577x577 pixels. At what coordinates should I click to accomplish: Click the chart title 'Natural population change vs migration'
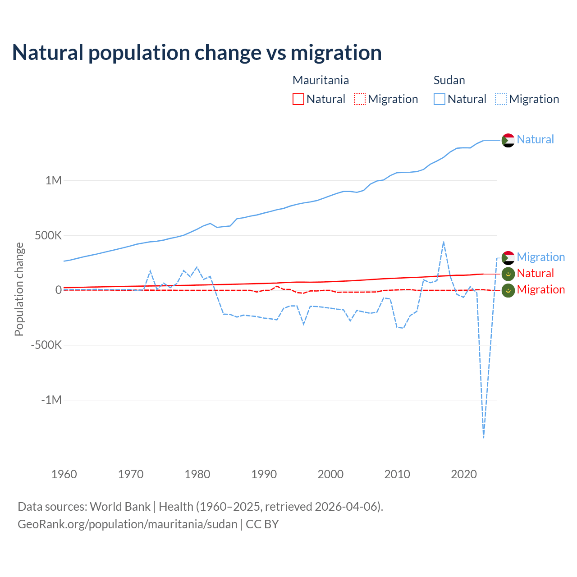point(197,52)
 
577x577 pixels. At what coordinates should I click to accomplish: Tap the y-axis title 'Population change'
point(19,289)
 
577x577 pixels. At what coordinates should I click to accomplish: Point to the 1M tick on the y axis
point(53,180)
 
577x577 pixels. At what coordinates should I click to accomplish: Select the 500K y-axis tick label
point(48,235)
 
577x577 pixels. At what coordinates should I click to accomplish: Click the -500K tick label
point(46,345)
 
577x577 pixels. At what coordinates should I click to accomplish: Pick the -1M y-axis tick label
point(51,400)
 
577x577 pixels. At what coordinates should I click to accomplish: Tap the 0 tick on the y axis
point(59,290)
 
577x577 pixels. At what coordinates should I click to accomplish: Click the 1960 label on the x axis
point(64,474)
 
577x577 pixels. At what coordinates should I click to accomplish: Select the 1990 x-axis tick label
point(264,474)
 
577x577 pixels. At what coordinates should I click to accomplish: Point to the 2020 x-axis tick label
point(463,474)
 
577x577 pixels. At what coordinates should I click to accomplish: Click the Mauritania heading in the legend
point(321,80)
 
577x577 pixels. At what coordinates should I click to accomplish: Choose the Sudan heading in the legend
point(449,80)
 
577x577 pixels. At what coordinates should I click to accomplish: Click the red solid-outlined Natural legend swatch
point(298,99)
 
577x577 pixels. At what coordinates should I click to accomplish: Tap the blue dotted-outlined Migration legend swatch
point(501,99)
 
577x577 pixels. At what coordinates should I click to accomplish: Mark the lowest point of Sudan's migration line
point(484,437)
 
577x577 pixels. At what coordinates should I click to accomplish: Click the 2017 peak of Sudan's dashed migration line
point(444,242)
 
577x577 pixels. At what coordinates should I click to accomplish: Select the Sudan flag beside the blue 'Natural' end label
point(508,140)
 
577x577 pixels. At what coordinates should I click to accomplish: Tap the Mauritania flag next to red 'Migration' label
point(508,290)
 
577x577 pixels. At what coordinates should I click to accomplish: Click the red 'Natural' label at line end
point(535,273)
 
